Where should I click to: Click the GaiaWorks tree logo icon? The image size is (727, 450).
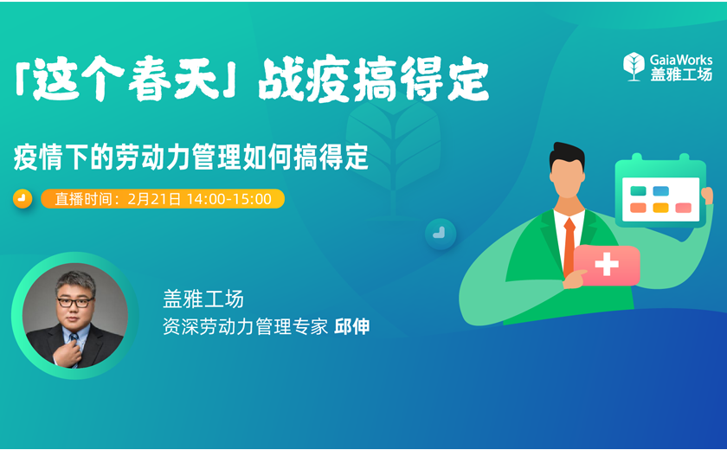tap(634, 67)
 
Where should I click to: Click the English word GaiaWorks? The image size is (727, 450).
tap(681, 60)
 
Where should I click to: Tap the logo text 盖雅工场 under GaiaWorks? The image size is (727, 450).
tap(681, 74)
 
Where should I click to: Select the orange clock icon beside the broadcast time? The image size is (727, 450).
tap(23, 199)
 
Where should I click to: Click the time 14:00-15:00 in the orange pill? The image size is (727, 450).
tap(229, 199)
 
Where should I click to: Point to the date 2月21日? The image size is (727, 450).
tap(154, 199)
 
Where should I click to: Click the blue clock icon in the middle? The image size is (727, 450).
tap(440, 233)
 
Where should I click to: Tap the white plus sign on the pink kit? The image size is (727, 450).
tap(607, 265)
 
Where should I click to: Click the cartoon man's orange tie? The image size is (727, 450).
tap(569, 246)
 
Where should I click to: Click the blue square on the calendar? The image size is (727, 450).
tap(660, 191)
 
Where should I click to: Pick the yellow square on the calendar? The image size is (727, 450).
tap(660, 208)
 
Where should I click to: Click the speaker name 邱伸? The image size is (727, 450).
tap(352, 326)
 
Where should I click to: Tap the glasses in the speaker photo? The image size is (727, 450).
tap(75, 303)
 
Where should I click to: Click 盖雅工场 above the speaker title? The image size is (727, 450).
tap(203, 299)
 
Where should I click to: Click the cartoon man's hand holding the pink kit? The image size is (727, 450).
tap(574, 279)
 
